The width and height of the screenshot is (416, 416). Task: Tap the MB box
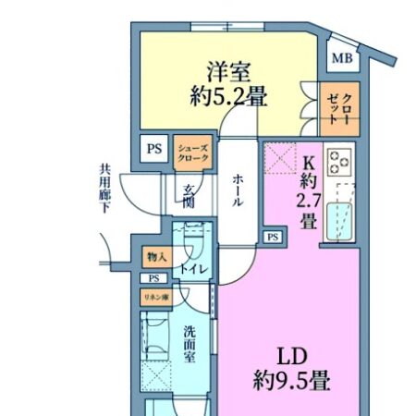pos(341,57)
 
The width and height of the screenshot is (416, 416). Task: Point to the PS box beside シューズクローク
pos(152,146)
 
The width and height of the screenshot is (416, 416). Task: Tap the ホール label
pos(238,190)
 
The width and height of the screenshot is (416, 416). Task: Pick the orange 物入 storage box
pos(154,256)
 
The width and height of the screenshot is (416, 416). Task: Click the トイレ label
pos(193,269)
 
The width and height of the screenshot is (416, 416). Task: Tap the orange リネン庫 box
pos(154,297)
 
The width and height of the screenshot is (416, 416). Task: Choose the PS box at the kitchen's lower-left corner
pos(272,238)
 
